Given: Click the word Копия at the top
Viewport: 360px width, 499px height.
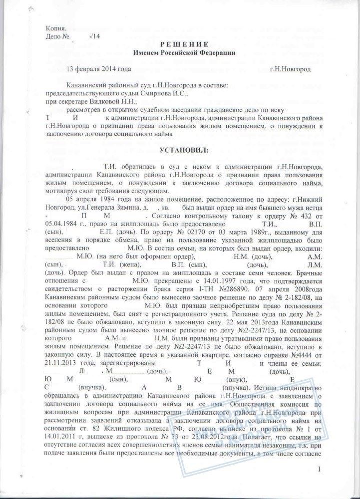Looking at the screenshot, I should click(x=56, y=29).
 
